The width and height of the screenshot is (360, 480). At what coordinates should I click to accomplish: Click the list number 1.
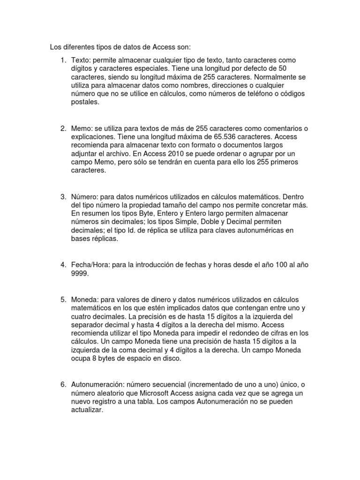pos(63,60)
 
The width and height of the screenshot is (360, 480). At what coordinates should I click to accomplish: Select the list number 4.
pos(63,265)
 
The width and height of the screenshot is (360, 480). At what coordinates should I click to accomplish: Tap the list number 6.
pos(63,384)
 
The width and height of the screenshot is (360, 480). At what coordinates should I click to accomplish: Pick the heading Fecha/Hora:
pos(91,265)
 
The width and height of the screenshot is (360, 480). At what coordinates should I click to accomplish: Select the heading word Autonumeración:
pos(97,384)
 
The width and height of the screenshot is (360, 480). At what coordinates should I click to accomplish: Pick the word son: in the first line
pos(183,47)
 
